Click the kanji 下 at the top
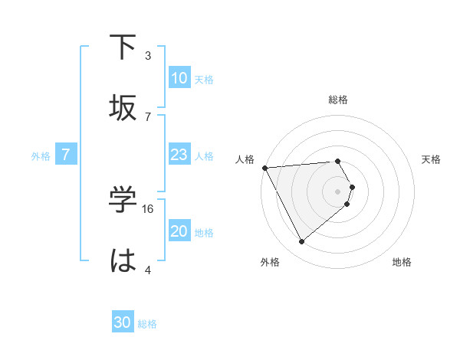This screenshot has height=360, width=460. point(123,48)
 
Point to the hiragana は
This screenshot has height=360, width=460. point(123,260)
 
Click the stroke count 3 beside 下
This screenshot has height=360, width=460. point(148,55)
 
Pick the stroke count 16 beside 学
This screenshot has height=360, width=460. point(149,208)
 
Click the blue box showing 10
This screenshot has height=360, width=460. point(179,78)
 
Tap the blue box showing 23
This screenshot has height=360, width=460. point(179,155)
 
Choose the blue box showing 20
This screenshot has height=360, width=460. point(179,231)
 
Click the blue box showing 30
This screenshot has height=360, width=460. point(123,322)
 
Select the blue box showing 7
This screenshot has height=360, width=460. point(66,155)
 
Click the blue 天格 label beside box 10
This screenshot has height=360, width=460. point(204,79)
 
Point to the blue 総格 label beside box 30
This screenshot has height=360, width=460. point(147,324)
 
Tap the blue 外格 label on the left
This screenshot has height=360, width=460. point(41,155)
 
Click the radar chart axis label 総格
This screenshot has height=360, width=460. point(337,100)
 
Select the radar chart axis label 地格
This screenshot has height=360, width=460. point(402,262)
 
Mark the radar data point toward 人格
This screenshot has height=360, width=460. point(264,167)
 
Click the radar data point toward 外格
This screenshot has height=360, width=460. point(301,241)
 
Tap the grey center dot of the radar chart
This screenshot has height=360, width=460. point(337,191)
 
